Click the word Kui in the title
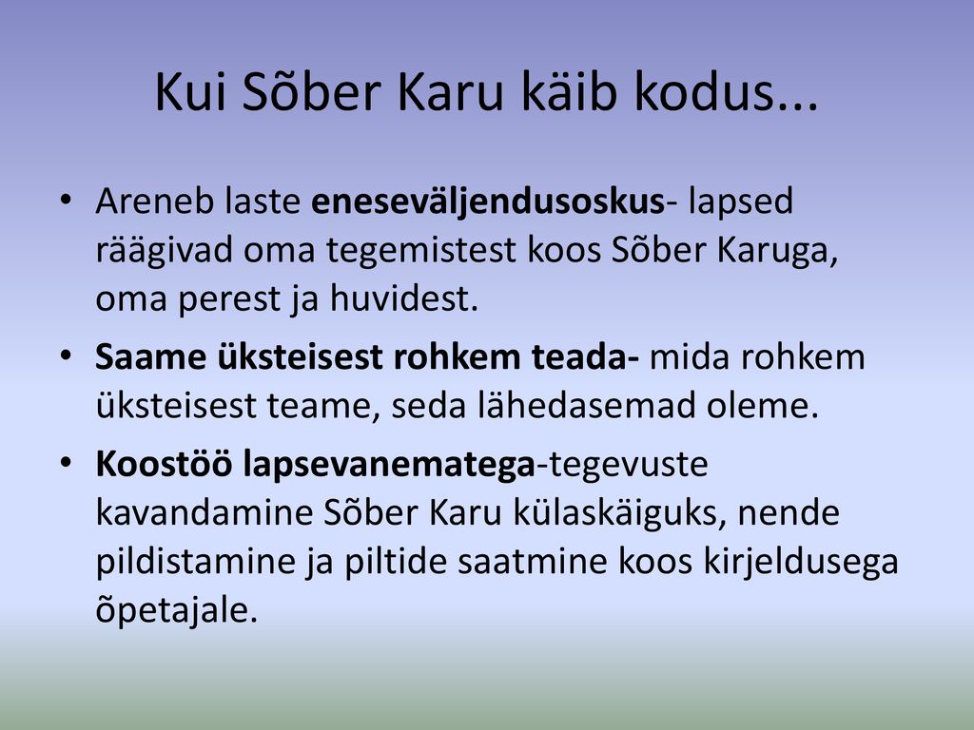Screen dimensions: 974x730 pyautogui.click(x=190, y=92)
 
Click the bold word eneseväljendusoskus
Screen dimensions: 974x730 pyautogui.click(x=488, y=202)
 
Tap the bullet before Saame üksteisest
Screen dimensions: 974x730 pyautogui.click(x=66, y=355)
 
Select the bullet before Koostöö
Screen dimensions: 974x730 pyautogui.click(x=66, y=463)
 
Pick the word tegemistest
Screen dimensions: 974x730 pyautogui.click(x=421, y=250)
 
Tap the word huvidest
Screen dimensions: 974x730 pyautogui.click(x=403, y=298)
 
